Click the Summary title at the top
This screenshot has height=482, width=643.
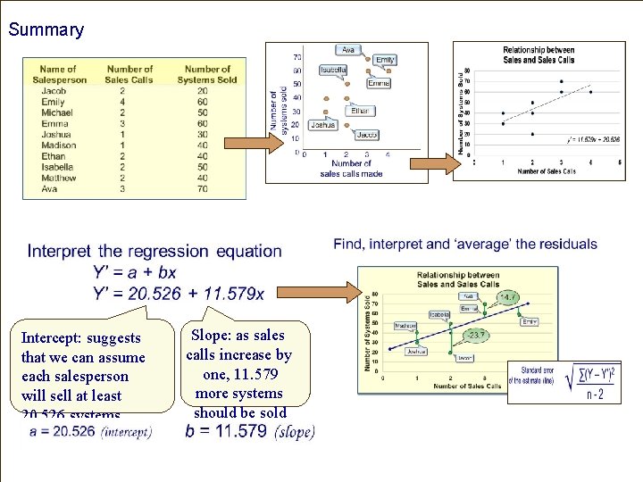46,29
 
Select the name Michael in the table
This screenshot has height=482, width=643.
57,112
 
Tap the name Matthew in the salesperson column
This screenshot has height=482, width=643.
58,178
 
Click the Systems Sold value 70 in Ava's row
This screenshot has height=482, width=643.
203,188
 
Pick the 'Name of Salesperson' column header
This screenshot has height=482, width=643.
58,74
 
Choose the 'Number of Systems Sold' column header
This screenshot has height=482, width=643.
207,74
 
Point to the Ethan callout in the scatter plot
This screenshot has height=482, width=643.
359,111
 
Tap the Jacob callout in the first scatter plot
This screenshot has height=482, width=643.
366,134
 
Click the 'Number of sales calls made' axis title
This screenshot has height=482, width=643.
350,169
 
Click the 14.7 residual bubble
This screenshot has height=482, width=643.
508,297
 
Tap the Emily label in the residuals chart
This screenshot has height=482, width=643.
530,321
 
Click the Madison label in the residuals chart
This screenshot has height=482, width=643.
405,326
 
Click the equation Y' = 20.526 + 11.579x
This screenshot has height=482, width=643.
178,292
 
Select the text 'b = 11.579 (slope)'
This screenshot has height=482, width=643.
249,431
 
